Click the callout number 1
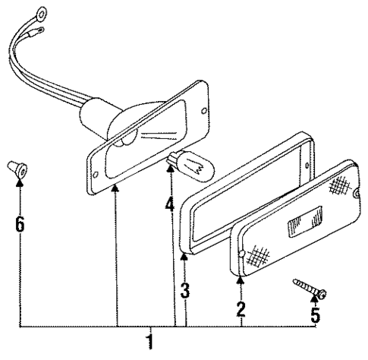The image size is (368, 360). coord(150,341)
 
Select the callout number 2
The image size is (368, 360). coord(241,308)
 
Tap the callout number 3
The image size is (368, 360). coord(184,290)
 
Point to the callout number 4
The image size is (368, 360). coord(170,204)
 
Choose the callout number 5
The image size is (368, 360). coord(315,313)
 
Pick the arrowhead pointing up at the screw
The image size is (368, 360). coord(315,301)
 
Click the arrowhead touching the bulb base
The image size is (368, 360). coord(173,169)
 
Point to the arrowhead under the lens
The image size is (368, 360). coord(241,279)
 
